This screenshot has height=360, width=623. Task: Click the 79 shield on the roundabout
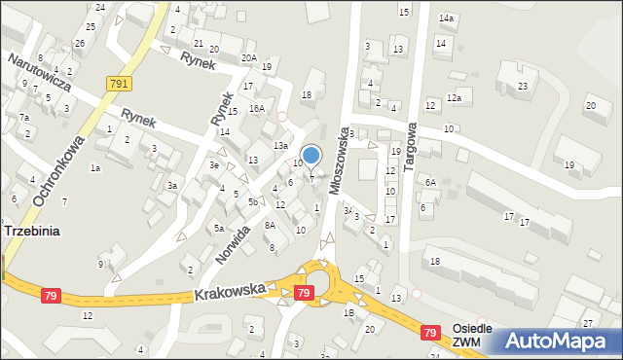click(305, 293)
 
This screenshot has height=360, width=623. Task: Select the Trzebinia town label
click(34, 232)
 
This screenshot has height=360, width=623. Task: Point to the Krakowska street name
click(229, 291)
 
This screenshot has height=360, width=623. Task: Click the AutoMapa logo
click(558, 342)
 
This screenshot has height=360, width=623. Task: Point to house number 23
click(522, 87)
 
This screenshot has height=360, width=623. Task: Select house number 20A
click(249, 58)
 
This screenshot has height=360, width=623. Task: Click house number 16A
click(256, 109)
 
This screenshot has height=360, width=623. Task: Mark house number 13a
click(280, 145)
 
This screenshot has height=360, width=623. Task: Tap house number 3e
click(213, 165)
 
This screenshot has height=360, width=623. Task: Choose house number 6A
click(429, 182)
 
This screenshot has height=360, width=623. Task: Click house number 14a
click(446, 18)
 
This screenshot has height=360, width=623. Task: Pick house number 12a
click(453, 97)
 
